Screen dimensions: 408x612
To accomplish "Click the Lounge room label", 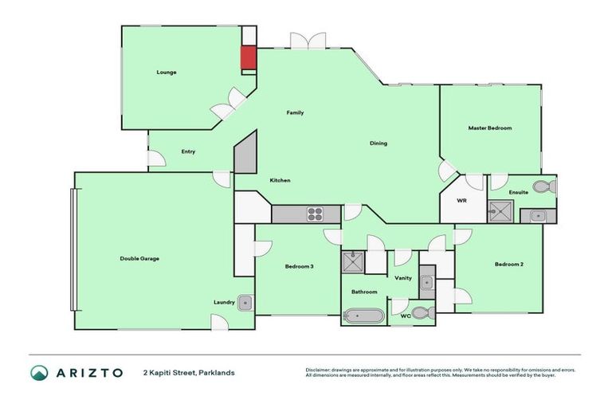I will (166, 73).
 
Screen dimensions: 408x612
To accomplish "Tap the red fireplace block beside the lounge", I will (249, 58).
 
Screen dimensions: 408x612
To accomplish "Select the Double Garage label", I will (139, 258).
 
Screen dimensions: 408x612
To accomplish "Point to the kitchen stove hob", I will (315, 214).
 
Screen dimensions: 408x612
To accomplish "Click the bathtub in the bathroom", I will (363, 316).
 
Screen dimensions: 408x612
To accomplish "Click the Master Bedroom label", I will (489, 127).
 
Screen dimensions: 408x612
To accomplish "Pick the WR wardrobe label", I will (461, 201).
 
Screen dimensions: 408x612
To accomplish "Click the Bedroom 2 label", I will (508, 264).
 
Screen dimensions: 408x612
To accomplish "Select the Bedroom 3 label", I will (299, 266).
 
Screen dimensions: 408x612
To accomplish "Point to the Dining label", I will (378, 143).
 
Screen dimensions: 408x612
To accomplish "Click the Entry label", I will (188, 151).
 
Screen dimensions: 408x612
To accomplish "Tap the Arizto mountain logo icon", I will (38, 372).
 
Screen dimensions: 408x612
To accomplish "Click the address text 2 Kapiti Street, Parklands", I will (189, 372).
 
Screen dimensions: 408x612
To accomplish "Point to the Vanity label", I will (403, 277).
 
